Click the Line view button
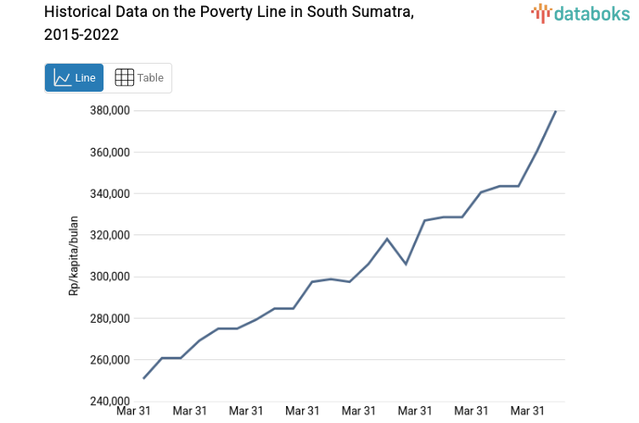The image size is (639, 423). coord(74,77)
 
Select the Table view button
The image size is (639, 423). coord(138,77)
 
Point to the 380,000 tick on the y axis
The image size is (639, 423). coord(109,110)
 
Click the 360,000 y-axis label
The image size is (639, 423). coord(109,152)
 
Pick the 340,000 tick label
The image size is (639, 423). coord(109,194)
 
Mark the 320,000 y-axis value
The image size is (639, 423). coord(109,235)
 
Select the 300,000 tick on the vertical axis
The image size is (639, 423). coord(109,277)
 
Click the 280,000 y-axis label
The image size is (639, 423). coord(109,319)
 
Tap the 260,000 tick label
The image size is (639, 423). coord(109,360)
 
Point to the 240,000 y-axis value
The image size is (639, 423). coord(109,401)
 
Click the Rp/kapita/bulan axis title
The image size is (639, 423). coord(74,256)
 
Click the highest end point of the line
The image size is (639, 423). coord(556,110)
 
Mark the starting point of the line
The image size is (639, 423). coord(144,378)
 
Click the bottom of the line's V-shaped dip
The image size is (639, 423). coord(406,264)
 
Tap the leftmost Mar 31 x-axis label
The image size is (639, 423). coord(134,411)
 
